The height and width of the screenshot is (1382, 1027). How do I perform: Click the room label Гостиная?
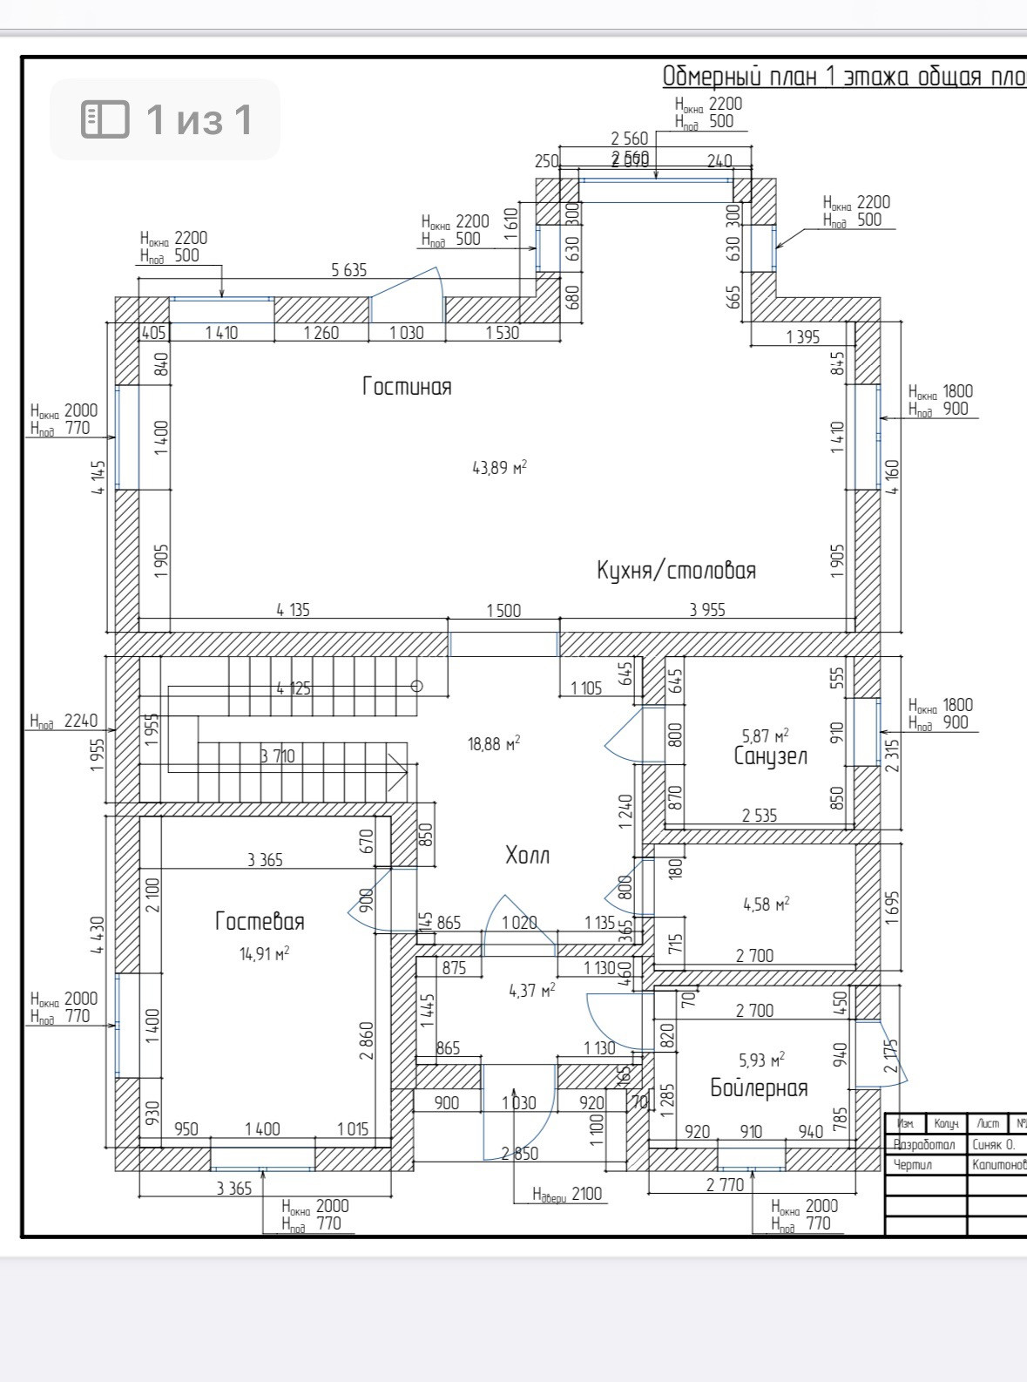point(407,386)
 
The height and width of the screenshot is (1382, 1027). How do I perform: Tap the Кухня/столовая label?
point(676,570)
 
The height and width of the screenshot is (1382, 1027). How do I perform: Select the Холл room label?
point(527,855)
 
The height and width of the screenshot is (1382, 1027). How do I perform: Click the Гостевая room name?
point(260,921)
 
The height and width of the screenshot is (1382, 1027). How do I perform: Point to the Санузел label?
point(770,756)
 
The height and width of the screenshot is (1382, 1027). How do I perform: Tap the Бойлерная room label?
point(759,1087)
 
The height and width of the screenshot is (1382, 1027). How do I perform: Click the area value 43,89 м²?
point(499,468)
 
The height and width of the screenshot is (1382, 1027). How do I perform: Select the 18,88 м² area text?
point(494,743)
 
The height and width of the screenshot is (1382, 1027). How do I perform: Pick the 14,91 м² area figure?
point(264,953)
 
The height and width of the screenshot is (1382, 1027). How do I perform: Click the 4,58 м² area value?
point(766,904)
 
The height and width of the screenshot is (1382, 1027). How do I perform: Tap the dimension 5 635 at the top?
point(348,270)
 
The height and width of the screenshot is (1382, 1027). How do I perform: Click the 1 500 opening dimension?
point(503,610)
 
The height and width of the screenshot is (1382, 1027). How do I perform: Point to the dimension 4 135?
point(293,610)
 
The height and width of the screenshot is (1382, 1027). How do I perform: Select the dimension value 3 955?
point(706,610)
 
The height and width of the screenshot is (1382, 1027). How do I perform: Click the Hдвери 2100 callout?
point(567,1194)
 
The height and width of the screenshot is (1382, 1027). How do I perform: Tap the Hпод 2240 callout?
point(64,721)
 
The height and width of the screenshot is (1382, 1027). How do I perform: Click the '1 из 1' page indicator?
point(165,119)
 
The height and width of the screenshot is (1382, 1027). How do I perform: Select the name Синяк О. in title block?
point(993,1144)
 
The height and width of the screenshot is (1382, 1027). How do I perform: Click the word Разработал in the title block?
point(924,1144)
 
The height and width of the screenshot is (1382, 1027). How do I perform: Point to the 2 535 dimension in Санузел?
point(759,816)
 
